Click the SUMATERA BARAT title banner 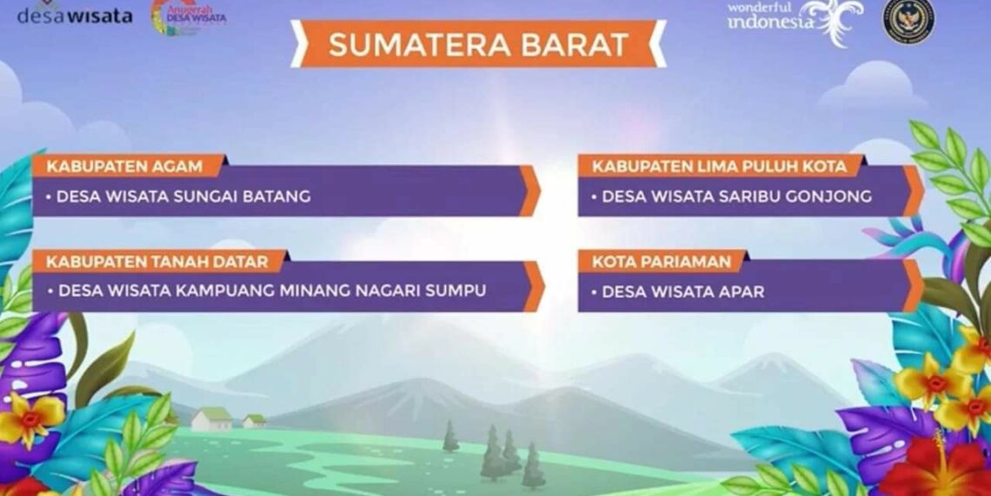coord(478,44)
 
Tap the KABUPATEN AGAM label coord(125,165)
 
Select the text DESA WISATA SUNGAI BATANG coord(183,197)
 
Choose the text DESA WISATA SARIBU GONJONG coord(736,197)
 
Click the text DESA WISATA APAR coord(682,292)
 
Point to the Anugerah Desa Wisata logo coord(189,17)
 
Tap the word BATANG coord(279,197)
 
